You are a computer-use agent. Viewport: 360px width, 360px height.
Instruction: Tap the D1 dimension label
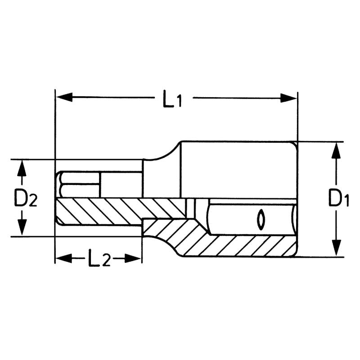(x=338, y=199)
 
